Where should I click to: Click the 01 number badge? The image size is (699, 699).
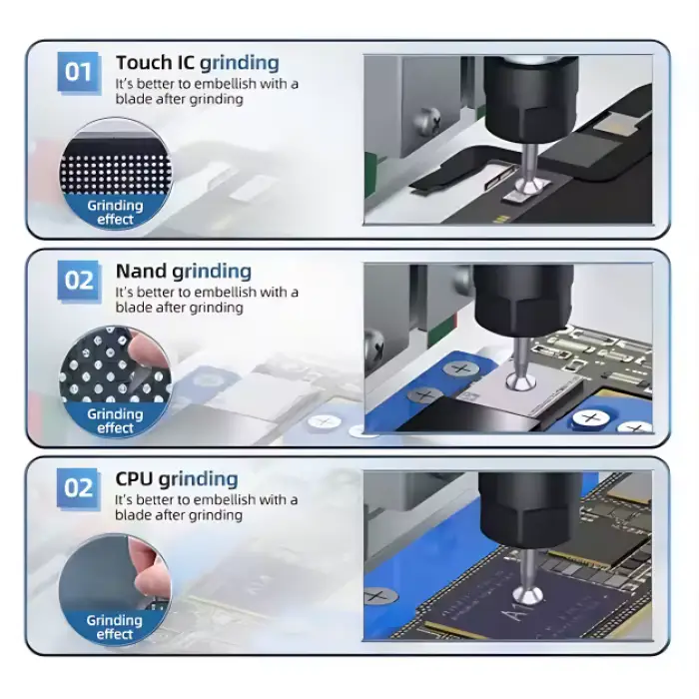(x=79, y=72)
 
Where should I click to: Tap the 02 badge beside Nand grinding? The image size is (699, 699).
(x=79, y=280)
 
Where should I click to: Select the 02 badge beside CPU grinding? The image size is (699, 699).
(x=79, y=487)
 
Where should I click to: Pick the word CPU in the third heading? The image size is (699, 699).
(x=134, y=478)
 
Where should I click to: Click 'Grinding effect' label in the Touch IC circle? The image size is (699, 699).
(x=115, y=213)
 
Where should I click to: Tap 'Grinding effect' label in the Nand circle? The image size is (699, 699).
(x=115, y=420)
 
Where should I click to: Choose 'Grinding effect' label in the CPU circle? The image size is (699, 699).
(x=115, y=627)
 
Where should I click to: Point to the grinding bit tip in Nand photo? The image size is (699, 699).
(x=517, y=380)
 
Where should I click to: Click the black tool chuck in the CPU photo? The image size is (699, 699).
(x=529, y=509)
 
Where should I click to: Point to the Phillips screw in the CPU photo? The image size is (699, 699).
(x=377, y=596)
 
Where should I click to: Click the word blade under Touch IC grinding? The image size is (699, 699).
(x=135, y=100)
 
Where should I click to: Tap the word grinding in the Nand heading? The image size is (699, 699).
(x=212, y=272)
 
